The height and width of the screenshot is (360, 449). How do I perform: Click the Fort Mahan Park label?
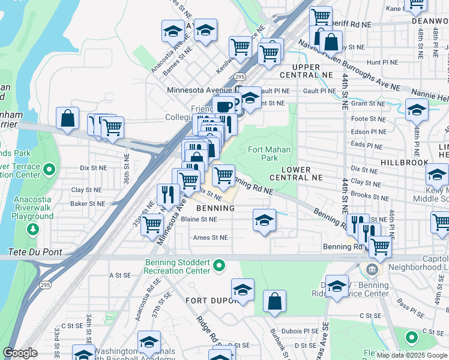(x=270, y=154)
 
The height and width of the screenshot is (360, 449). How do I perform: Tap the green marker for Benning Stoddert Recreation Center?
(x=220, y=265)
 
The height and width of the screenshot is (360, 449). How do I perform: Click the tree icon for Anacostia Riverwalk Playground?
(x=32, y=229)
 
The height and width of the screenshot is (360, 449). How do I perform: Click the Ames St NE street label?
(x=211, y=238)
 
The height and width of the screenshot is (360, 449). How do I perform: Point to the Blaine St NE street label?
(x=199, y=220)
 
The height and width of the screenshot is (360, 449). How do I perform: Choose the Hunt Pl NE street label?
(x=382, y=62)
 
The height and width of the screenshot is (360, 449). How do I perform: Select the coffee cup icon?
(x=224, y=106)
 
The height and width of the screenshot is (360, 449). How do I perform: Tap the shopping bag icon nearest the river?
(x=67, y=118)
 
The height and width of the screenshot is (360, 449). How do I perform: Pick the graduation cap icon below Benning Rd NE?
(x=264, y=220)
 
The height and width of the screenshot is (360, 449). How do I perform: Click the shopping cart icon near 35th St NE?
(x=152, y=224)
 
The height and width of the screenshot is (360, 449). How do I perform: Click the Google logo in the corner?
(x=20, y=353)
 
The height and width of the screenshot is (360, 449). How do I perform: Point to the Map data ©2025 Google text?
(x=412, y=355)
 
